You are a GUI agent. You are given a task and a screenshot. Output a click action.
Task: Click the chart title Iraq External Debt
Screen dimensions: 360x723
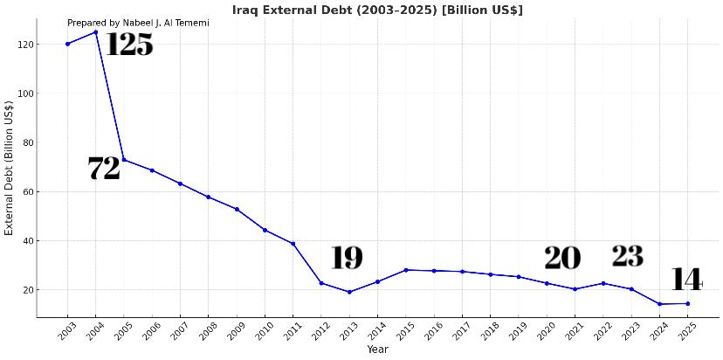(x=377, y=10)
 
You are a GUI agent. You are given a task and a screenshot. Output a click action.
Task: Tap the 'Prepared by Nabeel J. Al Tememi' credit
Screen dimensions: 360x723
(x=138, y=23)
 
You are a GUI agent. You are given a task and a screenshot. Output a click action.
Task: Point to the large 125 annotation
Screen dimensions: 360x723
(x=128, y=45)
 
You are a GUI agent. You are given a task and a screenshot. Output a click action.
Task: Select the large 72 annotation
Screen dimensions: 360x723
(x=104, y=169)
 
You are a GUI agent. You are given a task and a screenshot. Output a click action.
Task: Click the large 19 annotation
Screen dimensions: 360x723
(x=347, y=259)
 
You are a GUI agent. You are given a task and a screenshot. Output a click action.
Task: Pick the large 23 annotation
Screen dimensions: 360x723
(x=627, y=257)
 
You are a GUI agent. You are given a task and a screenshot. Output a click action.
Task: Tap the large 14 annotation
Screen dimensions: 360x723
(x=686, y=280)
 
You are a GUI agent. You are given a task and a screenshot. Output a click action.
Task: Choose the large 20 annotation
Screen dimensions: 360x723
(x=562, y=259)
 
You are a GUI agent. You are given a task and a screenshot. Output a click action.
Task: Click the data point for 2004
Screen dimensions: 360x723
(x=95, y=32)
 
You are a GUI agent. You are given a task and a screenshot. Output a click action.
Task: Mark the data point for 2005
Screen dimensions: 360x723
(x=124, y=160)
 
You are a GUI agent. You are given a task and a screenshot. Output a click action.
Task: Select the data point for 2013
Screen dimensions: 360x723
(x=349, y=292)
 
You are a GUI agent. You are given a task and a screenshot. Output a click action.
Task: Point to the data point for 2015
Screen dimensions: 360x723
(x=405, y=270)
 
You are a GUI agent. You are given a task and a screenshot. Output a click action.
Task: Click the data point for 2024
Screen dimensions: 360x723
(x=659, y=304)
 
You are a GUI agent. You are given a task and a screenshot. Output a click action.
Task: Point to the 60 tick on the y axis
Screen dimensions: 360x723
(x=26, y=191)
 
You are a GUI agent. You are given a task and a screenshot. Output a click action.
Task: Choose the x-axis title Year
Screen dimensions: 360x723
(x=377, y=350)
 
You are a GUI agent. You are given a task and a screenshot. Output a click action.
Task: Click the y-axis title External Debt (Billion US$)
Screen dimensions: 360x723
(x=10, y=168)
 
